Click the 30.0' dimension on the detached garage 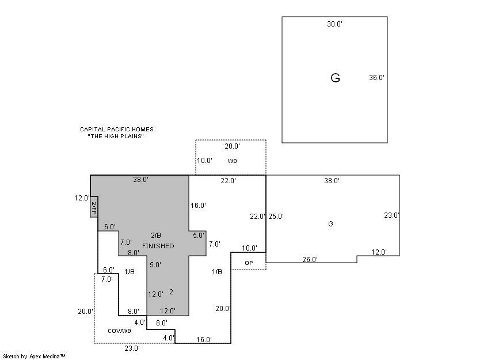pos(335,24)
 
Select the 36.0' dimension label pos(376,78)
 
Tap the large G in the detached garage pos(335,78)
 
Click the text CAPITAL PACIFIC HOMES pos(117,130)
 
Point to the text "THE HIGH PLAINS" pos(115,137)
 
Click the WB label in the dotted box pos(232,161)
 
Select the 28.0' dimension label pos(140,180)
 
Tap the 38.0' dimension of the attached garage pos(332,181)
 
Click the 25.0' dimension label pos(276,217)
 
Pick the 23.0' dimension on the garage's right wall pos(392,215)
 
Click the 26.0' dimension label pos(310,260)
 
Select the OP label pos(249,263)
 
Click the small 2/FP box pos(93,207)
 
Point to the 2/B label pos(156,236)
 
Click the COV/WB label pos(119,331)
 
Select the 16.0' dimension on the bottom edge pos(204,340)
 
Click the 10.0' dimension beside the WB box pos(204,161)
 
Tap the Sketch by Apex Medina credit pos(34,357)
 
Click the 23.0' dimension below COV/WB pos(132,348)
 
